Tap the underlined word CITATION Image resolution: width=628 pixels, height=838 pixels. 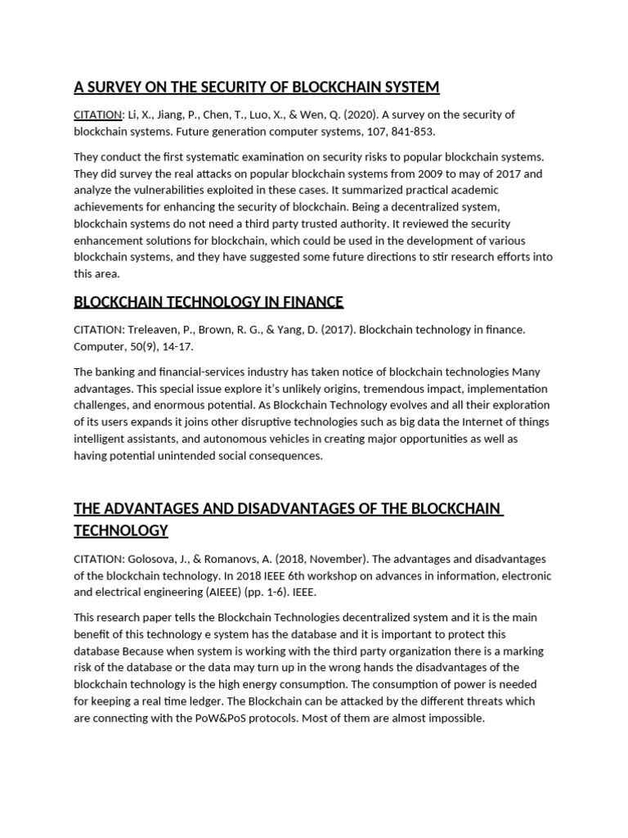[96, 115]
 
